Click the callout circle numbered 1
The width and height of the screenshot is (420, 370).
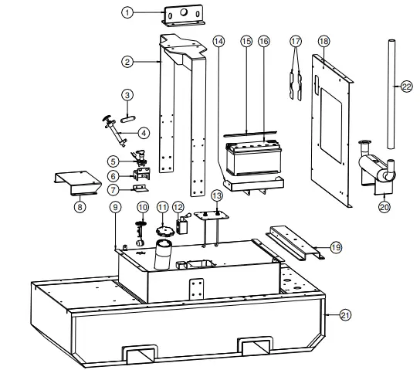click(x=128, y=12)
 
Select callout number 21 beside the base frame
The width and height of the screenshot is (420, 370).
click(x=345, y=314)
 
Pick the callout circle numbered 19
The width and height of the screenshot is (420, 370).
click(x=335, y=246)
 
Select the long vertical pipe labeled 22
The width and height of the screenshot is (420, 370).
click(x=390, y=93)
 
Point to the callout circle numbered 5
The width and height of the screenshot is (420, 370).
click(x=113, y=161)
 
